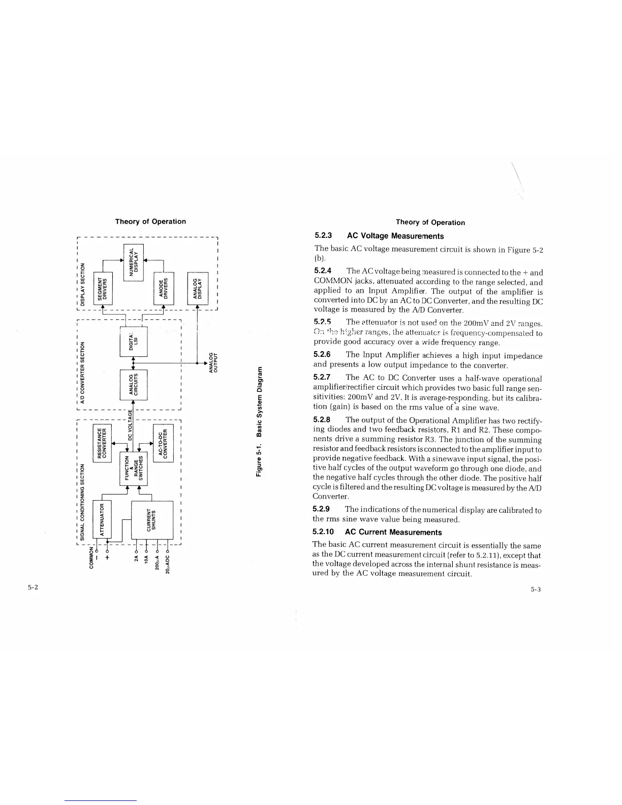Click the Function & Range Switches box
[x=133, y=468]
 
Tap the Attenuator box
[x=103, y=519]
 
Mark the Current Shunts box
[x=152, y=519]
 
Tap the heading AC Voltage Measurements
[x=395, y=236]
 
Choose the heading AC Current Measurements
[x=393, y=532]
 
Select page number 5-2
[x=34, y=587]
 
